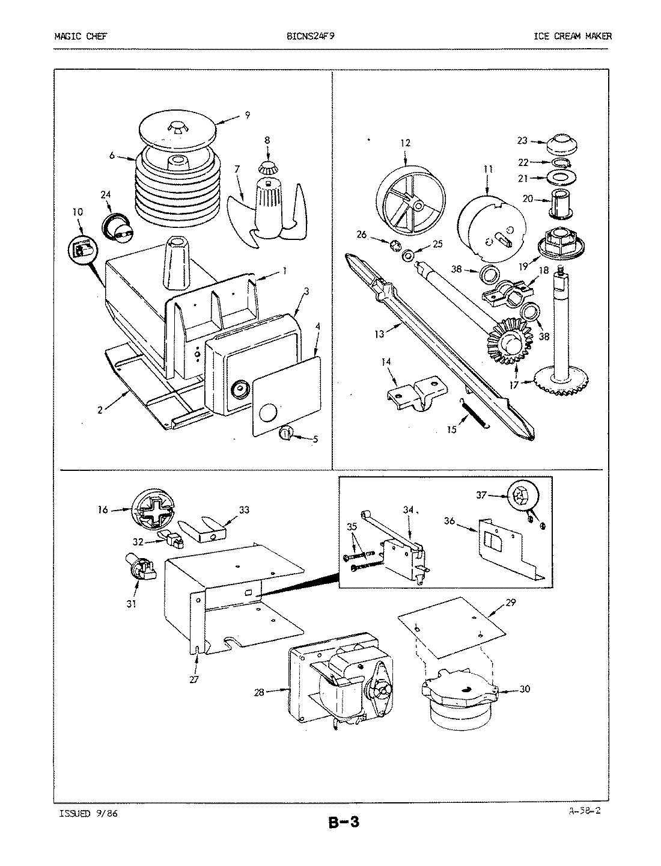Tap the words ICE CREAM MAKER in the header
(573, 36)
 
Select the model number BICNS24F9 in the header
(311, 36)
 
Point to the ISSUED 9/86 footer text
(84, 813)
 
